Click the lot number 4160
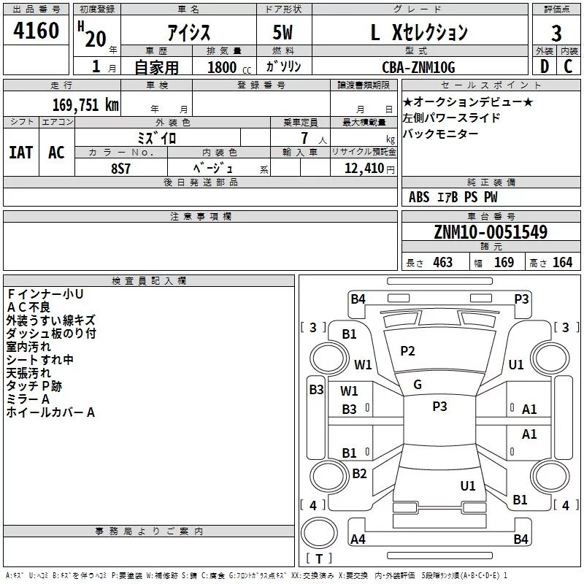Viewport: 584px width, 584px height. tap(36, 32)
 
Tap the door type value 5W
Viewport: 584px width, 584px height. tap(283, 32)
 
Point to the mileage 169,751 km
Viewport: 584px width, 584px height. tap(85, 104)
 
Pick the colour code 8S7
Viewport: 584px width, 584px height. tap(121, 168)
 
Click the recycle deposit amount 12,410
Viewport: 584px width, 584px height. tap(362, 168)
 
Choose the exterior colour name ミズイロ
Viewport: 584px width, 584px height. tap(157, 137)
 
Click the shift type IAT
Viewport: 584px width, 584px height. tap(20, 153)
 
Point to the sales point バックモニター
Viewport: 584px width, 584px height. tap(441, 134)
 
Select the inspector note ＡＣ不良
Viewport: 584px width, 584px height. tap(30, 307)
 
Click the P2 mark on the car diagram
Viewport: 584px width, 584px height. tap(407, 351)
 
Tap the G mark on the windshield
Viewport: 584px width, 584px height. tap(418, 385)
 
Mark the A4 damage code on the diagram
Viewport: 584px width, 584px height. tap(358, 539)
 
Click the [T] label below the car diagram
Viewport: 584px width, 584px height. tap(318, 559)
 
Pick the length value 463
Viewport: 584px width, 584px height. tap(442, 263)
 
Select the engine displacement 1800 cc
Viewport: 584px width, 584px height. tap(226, 67)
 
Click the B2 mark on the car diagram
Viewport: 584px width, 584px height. tap(359, 474)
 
